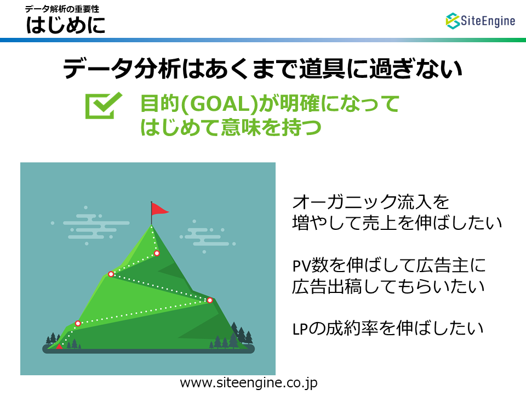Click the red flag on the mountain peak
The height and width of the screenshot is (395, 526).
coord(159,209)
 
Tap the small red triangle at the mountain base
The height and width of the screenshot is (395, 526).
coord(59,346)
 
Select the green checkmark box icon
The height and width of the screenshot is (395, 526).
coord(104,105)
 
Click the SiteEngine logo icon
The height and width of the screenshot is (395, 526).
coord(453,21)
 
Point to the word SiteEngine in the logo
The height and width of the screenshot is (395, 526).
coord(488,21)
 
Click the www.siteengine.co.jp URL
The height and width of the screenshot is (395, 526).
coord(249,383)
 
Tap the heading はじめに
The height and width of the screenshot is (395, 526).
coord(66,25)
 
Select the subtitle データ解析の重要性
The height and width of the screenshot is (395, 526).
coord(62,9)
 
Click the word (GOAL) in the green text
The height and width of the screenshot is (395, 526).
coord(219,104)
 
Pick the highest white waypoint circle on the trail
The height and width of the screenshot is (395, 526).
coord(157,253)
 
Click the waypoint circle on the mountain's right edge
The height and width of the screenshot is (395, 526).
coord(210,300)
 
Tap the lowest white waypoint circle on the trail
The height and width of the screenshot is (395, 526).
coord(78,324)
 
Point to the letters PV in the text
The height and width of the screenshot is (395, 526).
coord(302,266)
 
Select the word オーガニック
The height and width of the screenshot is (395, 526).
coord(344,202)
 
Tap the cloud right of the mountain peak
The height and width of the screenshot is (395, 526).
coord(208,236)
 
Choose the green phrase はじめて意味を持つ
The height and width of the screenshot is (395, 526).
coord(231,127)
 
